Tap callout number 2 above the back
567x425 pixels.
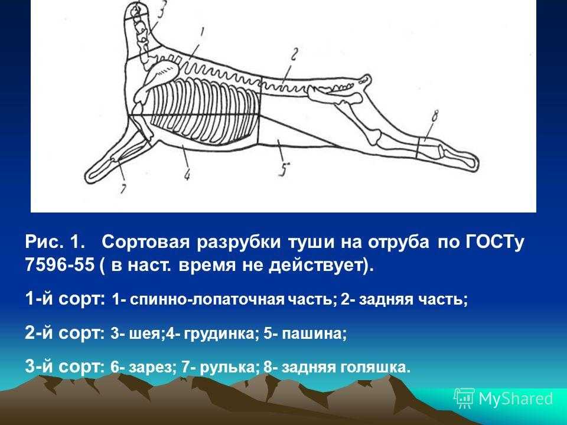coord(294,55)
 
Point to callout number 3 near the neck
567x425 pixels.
coord(161,10)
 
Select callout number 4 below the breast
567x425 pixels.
coord(187,175)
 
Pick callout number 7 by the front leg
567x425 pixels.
coord(123,189)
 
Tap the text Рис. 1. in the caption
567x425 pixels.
coord(56,242)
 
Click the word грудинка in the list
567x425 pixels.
coord(219,333)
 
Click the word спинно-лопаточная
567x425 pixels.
coord(207,300)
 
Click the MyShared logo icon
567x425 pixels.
coord(464,398)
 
